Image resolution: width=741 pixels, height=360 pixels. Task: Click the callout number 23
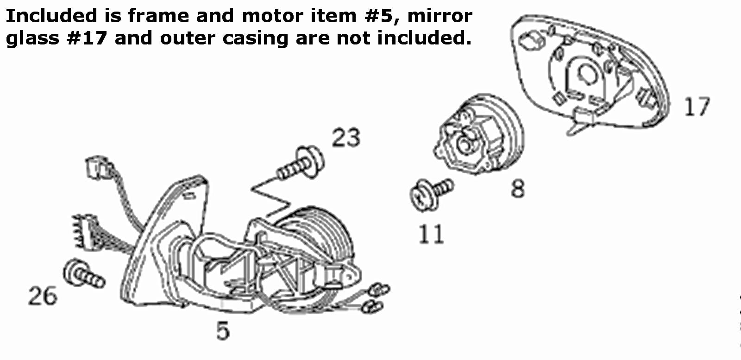pos(346,137)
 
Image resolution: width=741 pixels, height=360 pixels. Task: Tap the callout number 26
pos(43,296)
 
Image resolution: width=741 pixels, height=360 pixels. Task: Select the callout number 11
pos(431,234)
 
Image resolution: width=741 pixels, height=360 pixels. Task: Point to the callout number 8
pos(518,189)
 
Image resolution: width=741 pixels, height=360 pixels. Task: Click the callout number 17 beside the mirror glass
pos(697,106)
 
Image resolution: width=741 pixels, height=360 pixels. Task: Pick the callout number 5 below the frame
pos(223,330)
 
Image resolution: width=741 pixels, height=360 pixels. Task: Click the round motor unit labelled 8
pos(479,134)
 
